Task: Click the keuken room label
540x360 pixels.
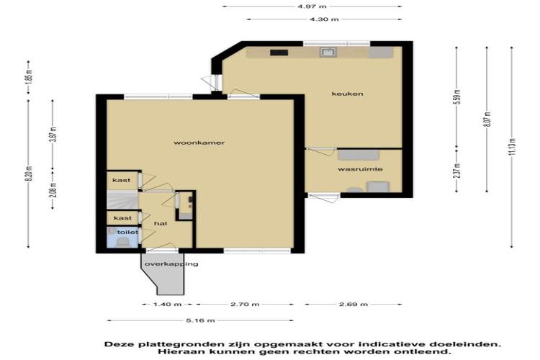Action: click(x=347, y=94)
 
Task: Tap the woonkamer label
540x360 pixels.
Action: click(x=199, y=143)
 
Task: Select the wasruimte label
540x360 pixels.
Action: click(x=360, y=169)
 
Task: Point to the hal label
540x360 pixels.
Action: click(x=161, y=224)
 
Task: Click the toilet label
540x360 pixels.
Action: click(x=127, y=232)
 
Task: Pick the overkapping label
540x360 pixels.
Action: click(x=171, y=264)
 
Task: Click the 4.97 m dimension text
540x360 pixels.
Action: click(x=312, y=6)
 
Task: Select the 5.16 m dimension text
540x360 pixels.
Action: click(x=200, y=320)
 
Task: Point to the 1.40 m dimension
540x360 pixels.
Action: click(x=167, y=304)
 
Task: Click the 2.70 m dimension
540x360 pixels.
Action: click(x=245, y=304)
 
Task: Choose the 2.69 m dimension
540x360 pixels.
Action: click(x=354, y=304)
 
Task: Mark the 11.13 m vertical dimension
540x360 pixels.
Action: click(x=512, y=147)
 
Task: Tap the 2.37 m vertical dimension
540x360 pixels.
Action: click(x=456, y=170)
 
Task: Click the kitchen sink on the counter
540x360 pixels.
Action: click(x=328, y=53)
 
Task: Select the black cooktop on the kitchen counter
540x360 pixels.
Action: click(x=279, y=53)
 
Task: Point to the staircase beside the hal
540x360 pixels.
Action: click(x=122, y=200)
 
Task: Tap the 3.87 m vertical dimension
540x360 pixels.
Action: click(x=53, y=135)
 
